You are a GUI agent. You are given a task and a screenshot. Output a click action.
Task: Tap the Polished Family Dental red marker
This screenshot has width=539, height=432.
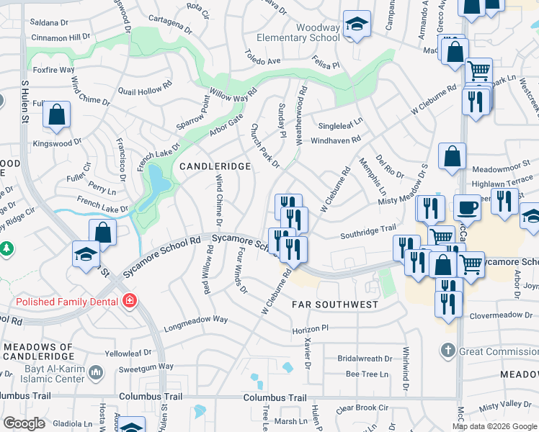coord(130,300)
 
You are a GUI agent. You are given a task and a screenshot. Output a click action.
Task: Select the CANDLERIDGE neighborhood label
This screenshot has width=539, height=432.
coord(215,166)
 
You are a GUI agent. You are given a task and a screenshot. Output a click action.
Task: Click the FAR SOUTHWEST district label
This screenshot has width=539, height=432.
coord(335,305)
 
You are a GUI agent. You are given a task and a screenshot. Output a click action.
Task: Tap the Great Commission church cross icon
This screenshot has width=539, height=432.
coord(447,351)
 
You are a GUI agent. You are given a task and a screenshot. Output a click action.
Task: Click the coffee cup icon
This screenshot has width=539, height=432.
coord(466,207)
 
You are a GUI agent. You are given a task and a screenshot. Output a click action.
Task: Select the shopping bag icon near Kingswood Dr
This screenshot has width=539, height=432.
coord(56,114)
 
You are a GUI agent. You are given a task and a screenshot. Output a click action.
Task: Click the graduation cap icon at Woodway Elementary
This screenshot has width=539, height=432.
coord(355,25)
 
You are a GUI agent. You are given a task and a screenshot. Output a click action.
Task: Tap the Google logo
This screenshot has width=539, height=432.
coord(24,423)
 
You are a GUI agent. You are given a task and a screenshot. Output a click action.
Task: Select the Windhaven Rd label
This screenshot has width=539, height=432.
coord(334,142)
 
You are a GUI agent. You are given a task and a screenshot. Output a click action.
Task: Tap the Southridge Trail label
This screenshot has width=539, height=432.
coord(368,232)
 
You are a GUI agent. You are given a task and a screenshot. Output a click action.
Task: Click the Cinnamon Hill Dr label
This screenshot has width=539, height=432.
coord(61,36)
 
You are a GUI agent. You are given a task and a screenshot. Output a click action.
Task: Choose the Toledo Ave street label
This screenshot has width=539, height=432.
coord(262,58)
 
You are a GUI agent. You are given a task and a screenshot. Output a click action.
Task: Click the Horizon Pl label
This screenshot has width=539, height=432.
coord(311,328)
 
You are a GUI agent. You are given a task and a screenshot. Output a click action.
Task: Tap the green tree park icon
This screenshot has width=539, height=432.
coord(6,248)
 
